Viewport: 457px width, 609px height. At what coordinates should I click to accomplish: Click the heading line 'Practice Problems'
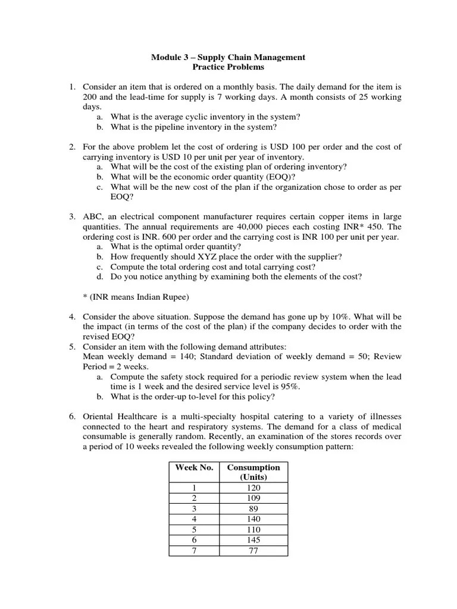pos(228,67)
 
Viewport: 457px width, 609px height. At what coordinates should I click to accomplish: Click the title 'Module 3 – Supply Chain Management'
pos(228,57)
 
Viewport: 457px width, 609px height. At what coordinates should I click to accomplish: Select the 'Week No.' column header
pos(194,467)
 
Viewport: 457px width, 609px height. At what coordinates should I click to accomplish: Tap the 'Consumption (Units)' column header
pos(253,472)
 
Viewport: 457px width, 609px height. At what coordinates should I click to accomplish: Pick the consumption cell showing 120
pos(253,487)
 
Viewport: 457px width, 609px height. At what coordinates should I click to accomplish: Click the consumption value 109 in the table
pos(253,498)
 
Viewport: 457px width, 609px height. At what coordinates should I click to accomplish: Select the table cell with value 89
pos(253,508)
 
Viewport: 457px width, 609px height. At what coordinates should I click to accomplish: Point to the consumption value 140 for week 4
pos(253,519)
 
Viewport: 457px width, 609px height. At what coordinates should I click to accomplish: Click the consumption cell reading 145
pos(253,540)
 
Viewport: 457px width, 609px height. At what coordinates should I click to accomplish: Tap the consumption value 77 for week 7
pos(253,551)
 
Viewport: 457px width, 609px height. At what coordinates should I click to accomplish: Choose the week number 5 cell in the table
pos(194,529)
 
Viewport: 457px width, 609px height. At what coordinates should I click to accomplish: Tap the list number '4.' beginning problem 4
pos(72,316)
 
